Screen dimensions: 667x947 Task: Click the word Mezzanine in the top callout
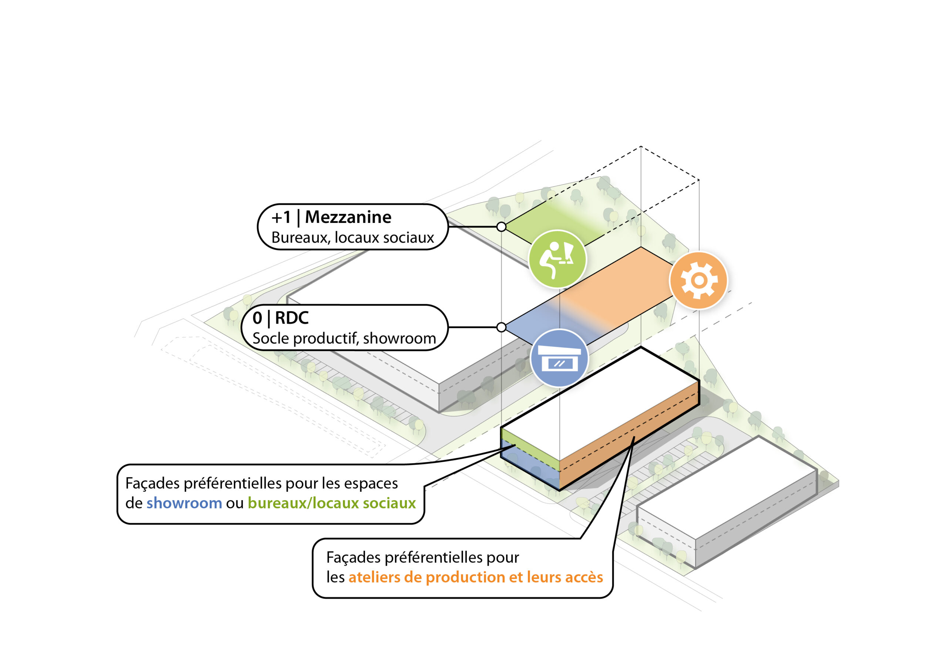348,217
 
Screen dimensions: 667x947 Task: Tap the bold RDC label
291,318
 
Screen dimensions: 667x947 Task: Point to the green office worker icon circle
557,259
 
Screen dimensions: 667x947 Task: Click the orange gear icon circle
698,280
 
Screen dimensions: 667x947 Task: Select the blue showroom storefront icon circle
559,358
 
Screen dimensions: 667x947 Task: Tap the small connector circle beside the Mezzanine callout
501,227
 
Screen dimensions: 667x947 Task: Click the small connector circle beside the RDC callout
501,327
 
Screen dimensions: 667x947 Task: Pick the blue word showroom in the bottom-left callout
184,503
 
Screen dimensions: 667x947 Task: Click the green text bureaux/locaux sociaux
331,503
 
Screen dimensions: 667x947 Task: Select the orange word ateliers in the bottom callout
374,578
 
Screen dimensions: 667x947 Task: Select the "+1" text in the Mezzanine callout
281,217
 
